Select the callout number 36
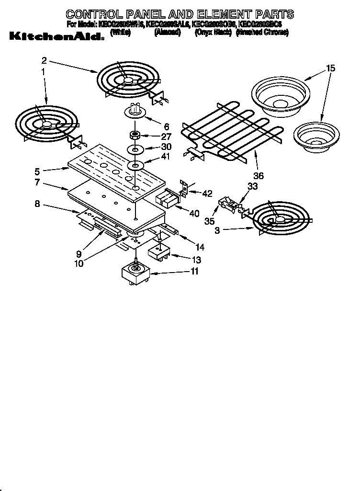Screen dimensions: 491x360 pyautogui.click(x=258, y=176)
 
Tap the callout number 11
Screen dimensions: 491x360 pyautogui.click(x=194, y=272)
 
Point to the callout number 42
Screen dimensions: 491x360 pyautogui.click(x=207, y=194)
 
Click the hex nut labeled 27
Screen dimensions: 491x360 pyautogui.click(x=135, y=134)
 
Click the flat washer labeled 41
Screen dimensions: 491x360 pyautogui.click(x=135, y=166)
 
